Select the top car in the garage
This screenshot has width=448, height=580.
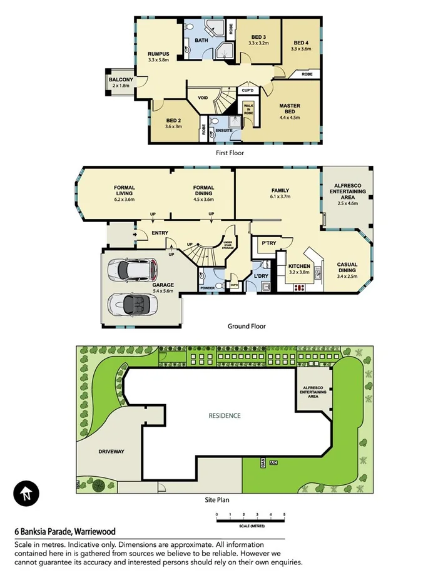point(132,270)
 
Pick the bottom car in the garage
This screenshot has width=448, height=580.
point(132,305)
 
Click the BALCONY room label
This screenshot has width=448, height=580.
point(121,80)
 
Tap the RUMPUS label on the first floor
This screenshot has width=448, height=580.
point(160,54)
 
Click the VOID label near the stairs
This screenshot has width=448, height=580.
point(203,98)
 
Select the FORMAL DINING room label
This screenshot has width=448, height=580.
point(203,188)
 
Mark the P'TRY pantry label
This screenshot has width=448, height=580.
point(269,243)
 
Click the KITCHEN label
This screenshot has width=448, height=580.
point(300,265)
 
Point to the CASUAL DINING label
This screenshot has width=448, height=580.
point(347,265)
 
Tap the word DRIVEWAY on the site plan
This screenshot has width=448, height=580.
point(111,450)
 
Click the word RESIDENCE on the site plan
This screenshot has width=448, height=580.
point(225,415)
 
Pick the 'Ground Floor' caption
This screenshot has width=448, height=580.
point(247,326)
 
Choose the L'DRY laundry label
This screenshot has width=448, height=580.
point(261,274)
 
